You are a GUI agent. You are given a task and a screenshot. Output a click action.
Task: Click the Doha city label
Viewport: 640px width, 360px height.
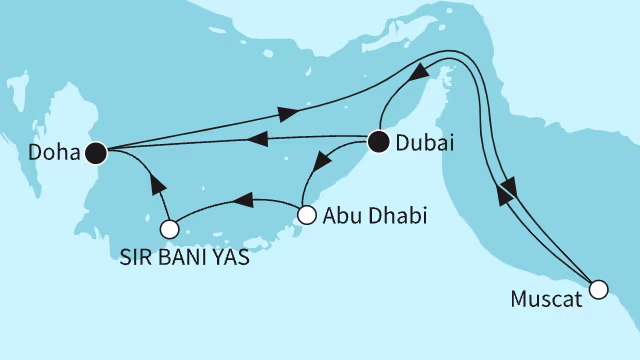[x=49, y=153]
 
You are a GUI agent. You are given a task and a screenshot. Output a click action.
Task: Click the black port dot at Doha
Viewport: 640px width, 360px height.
[x=96, y=152]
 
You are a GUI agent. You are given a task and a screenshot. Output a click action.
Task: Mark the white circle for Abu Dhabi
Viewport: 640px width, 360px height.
[x=308, y=213]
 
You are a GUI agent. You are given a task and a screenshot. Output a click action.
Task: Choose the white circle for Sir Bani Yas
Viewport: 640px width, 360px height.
[x=170, y=229]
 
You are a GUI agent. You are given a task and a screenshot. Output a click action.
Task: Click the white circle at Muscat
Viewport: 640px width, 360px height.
[x=598, y=290]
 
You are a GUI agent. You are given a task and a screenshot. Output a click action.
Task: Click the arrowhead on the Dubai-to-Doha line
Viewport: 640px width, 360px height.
[x=257, y=140]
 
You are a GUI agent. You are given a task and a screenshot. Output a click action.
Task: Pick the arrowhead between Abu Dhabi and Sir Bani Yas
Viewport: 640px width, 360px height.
[x=241, y=202]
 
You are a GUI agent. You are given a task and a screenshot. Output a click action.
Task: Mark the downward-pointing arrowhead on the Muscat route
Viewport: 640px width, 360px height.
[x=509, y=186]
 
